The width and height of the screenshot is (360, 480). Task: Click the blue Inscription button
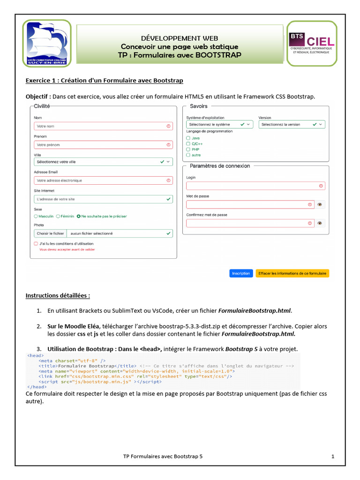(241, 273)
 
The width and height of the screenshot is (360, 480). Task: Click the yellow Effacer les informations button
(292, 273)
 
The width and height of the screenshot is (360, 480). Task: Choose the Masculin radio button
(36, 216)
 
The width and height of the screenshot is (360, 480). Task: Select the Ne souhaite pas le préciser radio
(79, 216)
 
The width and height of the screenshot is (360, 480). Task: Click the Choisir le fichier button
(50, 233)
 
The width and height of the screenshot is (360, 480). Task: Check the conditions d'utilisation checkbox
(36, 244)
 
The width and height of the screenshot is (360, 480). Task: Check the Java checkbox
(188, 138)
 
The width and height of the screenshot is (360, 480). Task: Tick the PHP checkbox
(188, 149)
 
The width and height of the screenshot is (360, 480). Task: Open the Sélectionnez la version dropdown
(292, 125)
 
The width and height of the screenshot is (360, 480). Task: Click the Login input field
(255, 186)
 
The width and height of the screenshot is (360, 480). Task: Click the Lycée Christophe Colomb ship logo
(47, 43)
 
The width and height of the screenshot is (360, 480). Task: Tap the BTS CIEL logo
(311, 43)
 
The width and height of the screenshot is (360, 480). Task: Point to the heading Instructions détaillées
(58, 296)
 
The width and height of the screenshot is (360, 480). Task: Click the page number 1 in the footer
(332, 456)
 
